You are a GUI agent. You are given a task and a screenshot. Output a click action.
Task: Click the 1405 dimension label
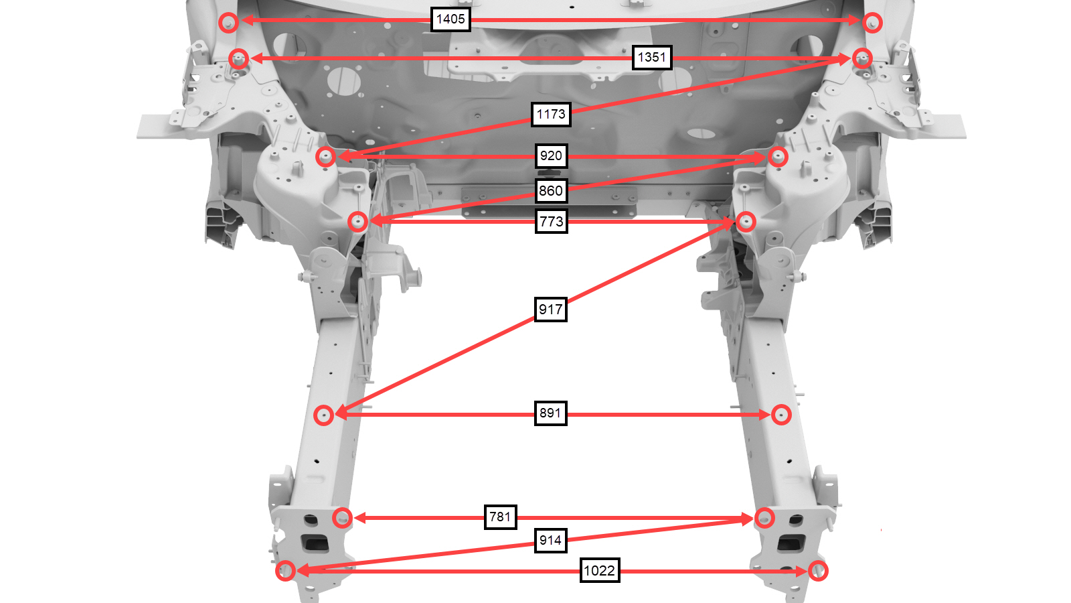click(450, 19)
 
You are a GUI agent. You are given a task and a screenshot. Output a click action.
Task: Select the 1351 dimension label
click(652, 58)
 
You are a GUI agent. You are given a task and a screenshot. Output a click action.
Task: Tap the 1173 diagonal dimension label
click(551, 115)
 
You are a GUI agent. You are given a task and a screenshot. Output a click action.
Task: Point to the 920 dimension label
click(551, 156)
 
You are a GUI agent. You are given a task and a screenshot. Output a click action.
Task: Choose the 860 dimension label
click(550, 191)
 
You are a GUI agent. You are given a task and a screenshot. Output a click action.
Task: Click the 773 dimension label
click(552, 222)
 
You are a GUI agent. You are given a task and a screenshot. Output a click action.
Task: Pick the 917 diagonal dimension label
click(550, 309)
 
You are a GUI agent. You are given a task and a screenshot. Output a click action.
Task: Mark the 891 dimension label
click(550, 413)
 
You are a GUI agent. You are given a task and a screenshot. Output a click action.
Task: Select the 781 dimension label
click(500, 517)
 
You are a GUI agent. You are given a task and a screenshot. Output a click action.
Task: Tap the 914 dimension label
click(550, 541)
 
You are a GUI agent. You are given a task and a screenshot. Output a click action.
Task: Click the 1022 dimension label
click(600, 570)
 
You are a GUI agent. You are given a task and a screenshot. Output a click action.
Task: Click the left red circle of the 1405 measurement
click(228, 23)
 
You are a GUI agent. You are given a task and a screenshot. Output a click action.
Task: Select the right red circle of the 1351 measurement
click(862, 58)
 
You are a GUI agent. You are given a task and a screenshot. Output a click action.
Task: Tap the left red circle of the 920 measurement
click(325, 157)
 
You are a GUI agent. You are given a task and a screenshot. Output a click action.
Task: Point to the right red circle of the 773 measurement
click(746, 222)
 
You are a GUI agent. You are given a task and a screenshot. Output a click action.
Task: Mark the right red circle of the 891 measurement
click(780, 415)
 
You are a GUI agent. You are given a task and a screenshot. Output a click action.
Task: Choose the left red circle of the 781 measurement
click(342, 518)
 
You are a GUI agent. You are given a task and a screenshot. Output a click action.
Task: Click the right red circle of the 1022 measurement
click(818, 571)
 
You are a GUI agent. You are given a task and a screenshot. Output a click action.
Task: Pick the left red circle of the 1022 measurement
click(285, 571)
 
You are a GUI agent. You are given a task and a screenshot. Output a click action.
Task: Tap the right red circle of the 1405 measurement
click(873, 23)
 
